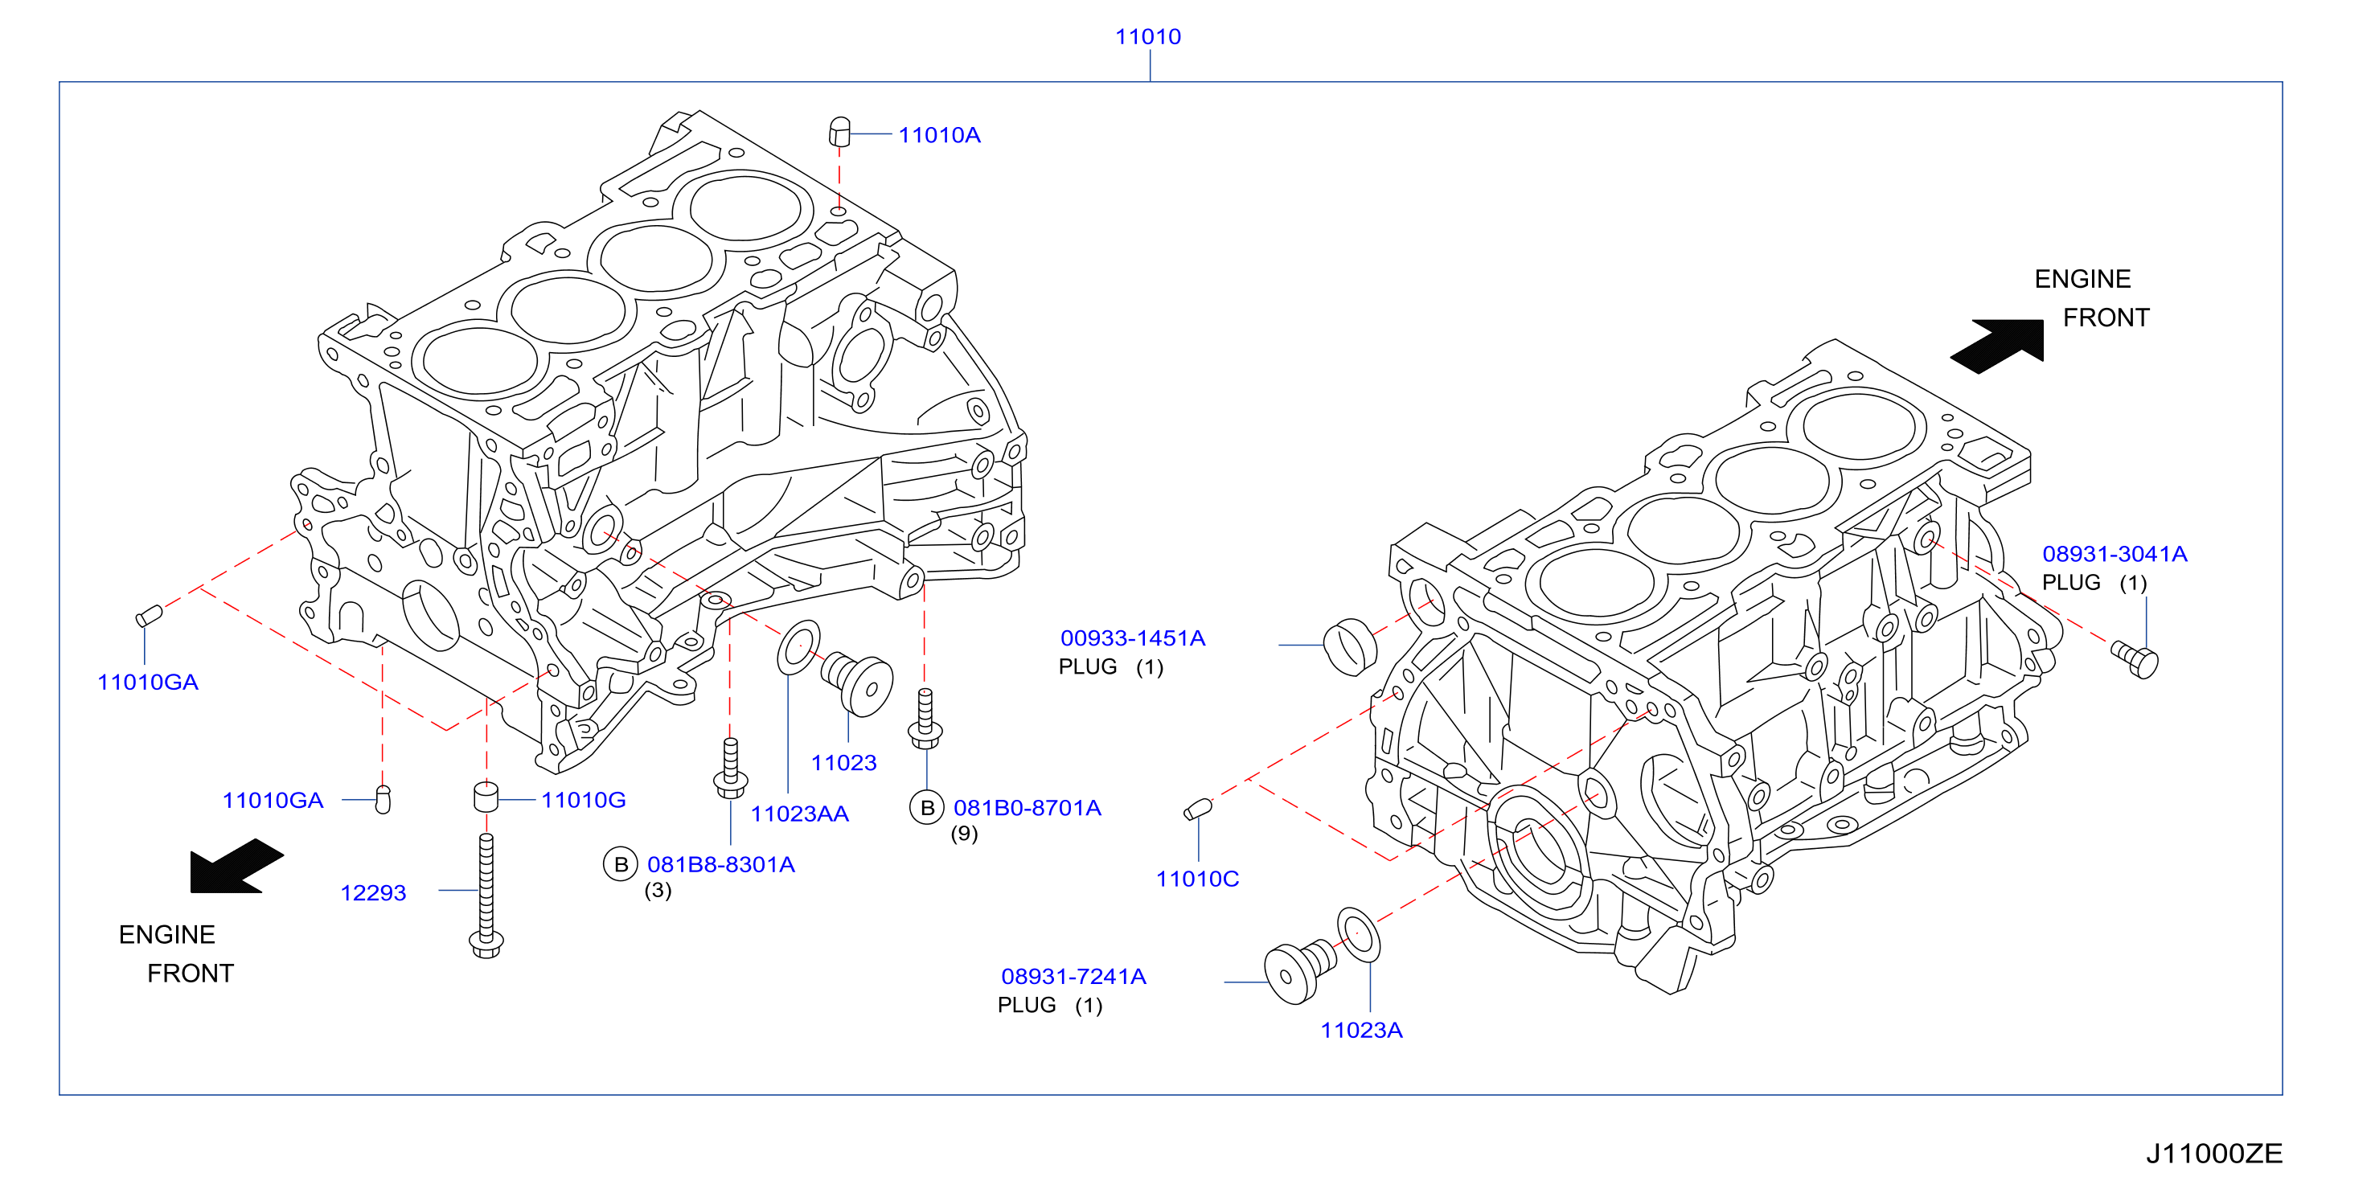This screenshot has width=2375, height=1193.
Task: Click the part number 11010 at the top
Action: [1148, 37]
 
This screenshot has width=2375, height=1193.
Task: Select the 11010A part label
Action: [940, 136]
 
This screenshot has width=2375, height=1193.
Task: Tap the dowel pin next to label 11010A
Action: [839, 131]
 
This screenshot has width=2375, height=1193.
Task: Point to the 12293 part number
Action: [373, 892]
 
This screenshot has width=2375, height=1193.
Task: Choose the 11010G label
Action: [584, 799]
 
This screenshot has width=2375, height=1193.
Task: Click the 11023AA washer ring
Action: [798, 647]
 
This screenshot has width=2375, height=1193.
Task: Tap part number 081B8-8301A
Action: [721, 865]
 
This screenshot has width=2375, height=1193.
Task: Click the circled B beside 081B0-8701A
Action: [928, 808]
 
